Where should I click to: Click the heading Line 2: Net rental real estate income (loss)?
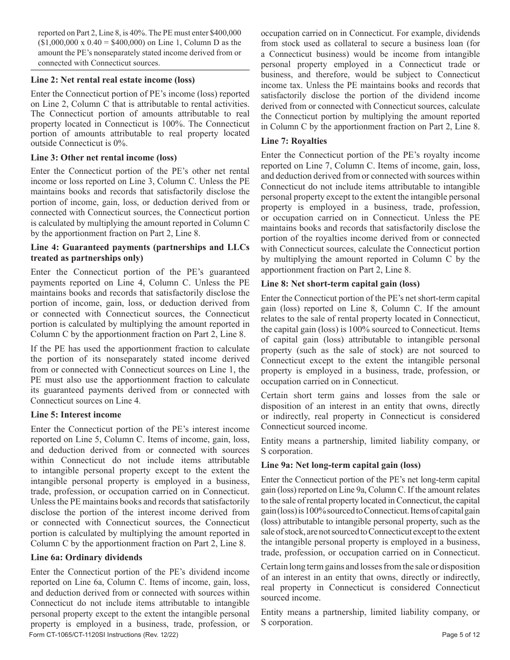click(x=112, y=80)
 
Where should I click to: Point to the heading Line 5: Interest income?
click(x=76, y=415)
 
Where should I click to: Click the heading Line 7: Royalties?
click(x=294, y=141)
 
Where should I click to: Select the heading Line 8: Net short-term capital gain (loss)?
click(x=340, y=284)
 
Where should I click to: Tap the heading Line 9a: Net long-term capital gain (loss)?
click(x=341, y=465)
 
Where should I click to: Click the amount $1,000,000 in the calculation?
click(x=60, y=42)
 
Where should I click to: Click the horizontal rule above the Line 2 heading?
click(x=140, y=70)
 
